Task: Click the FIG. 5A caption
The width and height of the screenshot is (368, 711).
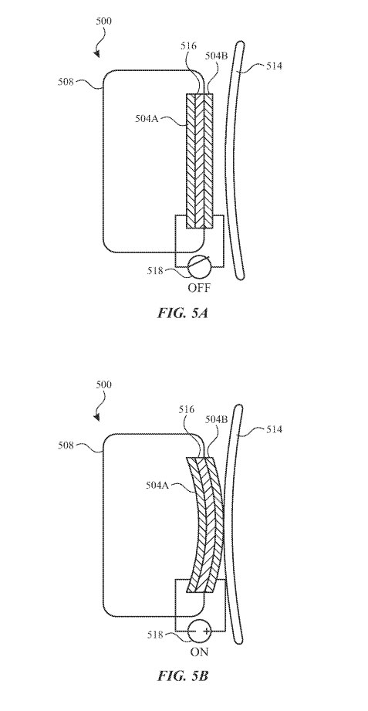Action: [x=183, y=313]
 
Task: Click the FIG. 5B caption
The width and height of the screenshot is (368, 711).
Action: [x=183, y=675]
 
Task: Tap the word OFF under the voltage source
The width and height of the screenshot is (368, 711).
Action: [x=199, y=287]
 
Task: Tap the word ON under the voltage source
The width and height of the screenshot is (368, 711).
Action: [x=199, y=652]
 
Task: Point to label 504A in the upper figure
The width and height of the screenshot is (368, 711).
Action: [x=148, y=119]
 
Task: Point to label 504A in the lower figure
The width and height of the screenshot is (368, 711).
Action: [x=158, y=485]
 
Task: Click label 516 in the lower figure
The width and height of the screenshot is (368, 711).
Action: [x=187, y=410]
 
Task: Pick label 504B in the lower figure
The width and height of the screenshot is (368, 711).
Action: [x=216, y=420]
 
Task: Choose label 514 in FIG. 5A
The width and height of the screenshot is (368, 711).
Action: [x=274, y=66]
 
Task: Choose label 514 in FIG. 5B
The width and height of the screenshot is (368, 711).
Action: [x=274, y=428]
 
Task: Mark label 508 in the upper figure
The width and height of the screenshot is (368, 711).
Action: [x=66, y=82]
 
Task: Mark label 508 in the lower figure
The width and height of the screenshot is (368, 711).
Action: [x=66, y=445]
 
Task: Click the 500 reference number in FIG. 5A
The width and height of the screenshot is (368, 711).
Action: [x=104, y=22]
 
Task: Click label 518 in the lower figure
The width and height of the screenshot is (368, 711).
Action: [x=155, y=635]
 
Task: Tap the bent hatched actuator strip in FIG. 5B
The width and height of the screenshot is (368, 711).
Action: [x=206, y=524]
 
